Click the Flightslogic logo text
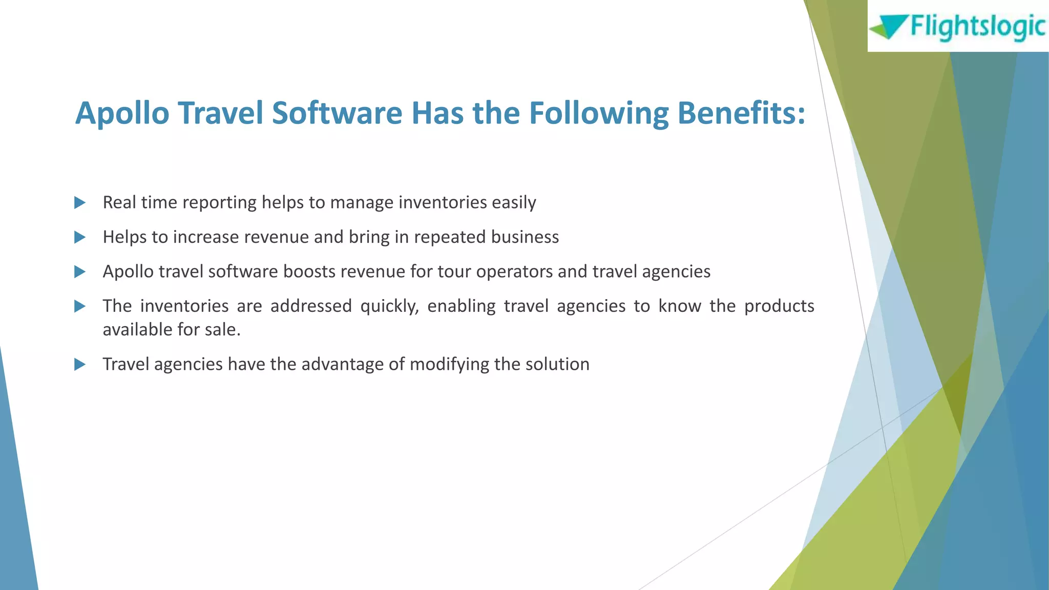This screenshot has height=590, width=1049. [x=977, y=27]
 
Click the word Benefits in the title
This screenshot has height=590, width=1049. [x=741, y=113]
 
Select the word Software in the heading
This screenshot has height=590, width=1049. [x=337, y=113]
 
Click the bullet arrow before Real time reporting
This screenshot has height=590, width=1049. [x=79, y=203]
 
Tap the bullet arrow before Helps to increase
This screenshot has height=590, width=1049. [x=79, y=237]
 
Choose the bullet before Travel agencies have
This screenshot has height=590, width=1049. [x=79, y=365]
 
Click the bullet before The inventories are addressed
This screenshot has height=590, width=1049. [x=79, y=306]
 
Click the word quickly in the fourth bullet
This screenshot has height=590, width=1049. [x=389, y=306]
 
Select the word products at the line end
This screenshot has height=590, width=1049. [x=779, y=306]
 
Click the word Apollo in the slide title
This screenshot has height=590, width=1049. [x=122, y=113]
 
